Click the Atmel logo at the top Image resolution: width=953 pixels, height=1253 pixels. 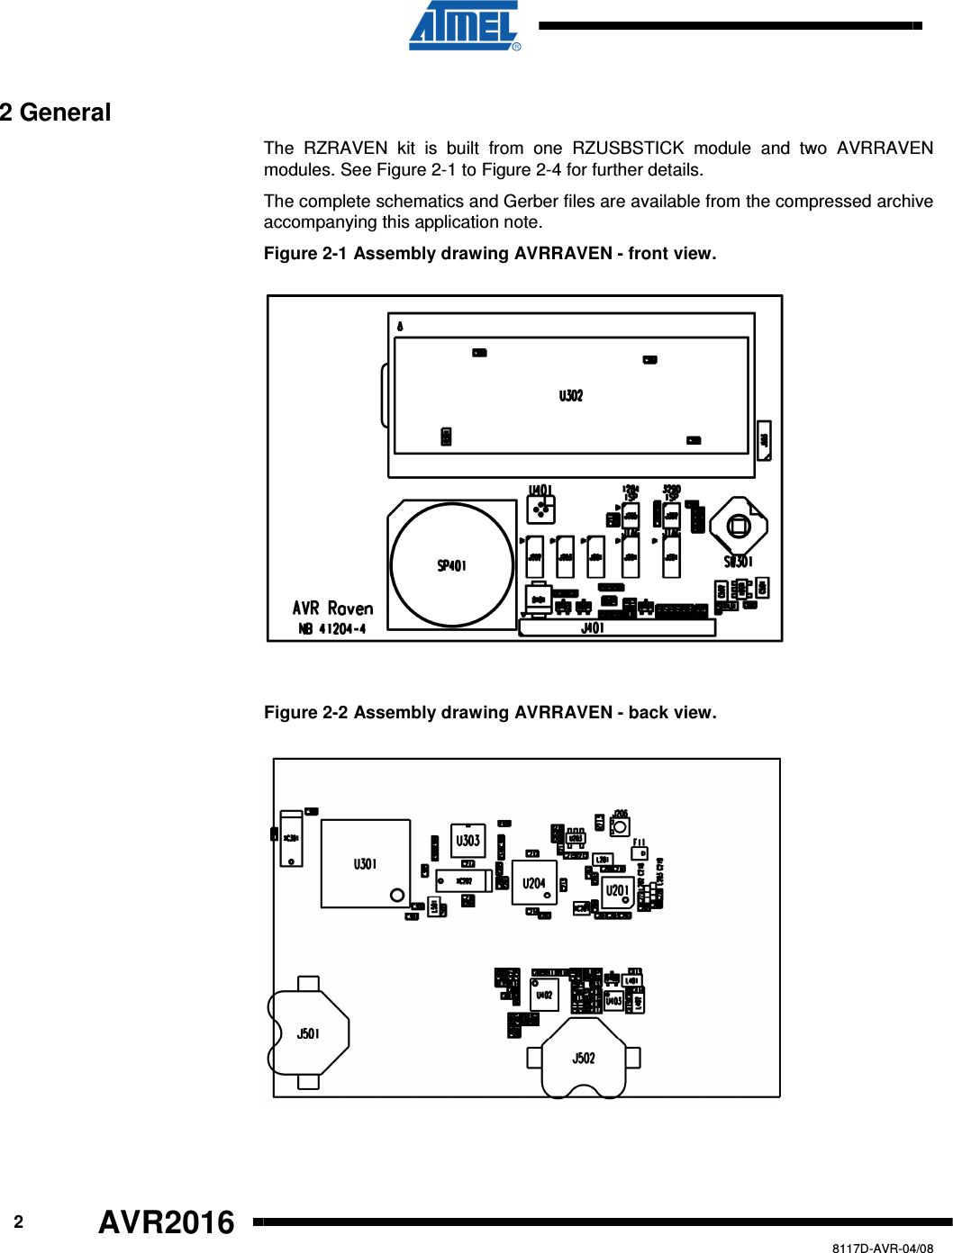pyautogui.click(x=465, y=26)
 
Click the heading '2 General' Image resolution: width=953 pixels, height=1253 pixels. pyautogui.click(x=56, y=113)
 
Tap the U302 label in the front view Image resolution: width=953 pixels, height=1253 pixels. pyautogui.click(x=571, y=395)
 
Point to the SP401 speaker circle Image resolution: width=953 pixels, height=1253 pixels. pyautogui.click(x=452, y=565)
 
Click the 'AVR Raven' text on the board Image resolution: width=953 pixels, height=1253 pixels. pyautogui.click(x=332, y=608)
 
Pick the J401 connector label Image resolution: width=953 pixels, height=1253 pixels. pyautogui.click(x=593, y=628)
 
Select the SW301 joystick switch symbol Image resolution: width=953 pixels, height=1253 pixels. pyautogui.click(x=739, y=527)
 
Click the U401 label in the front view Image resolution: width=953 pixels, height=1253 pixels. pyautogui.click(x=540, y=491)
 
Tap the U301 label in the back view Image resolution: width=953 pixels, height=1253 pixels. pyautogui.click(x=365, y=864)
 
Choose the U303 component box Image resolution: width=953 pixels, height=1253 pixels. pyautogui.click(x=467, y=841)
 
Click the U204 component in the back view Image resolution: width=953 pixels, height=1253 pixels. pyautogui.click(x=534, y=884)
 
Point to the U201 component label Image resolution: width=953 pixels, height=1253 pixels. pyautogui.click(x=617, y=890)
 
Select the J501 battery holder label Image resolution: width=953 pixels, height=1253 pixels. pyautogui.click(x=308, y=1033)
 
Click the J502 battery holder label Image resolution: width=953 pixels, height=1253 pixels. pyautogui.click(x=584, y=1059)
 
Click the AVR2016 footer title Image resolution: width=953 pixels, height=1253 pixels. pyautogui.click(x=167, y=1222)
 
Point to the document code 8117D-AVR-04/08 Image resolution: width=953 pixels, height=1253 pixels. pyautogui.click(x=882, y=1248)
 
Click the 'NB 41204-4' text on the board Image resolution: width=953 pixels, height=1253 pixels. pyautogui.click(x=332, y=629)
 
